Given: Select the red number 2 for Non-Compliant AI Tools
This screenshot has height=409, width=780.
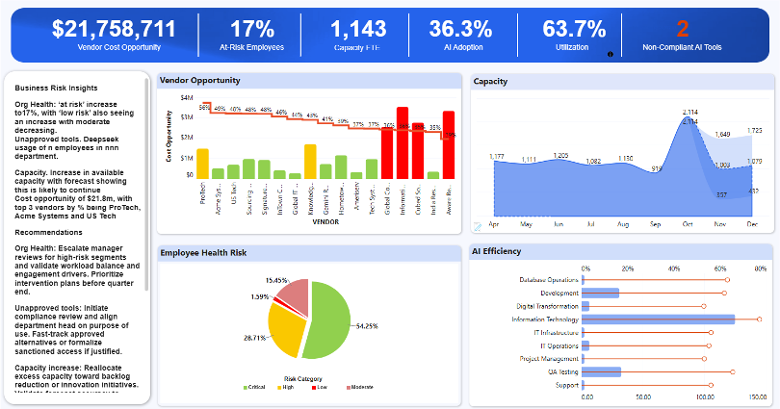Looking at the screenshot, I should coord(682,29).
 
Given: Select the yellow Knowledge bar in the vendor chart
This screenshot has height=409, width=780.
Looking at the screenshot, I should coord(310,161).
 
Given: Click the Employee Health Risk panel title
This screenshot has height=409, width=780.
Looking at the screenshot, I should coord(203,252).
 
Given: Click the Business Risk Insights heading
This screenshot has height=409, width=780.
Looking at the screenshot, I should coord(55,86).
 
